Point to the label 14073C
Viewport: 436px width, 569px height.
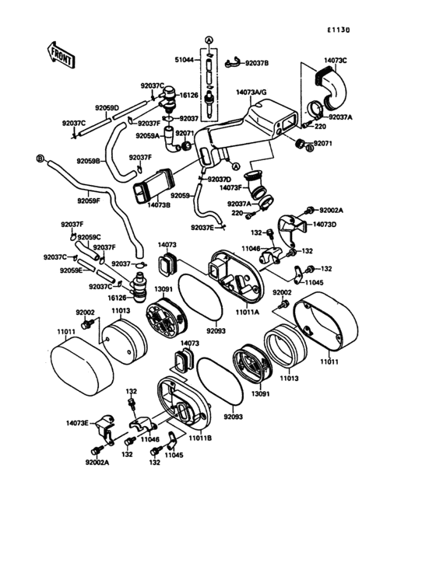[x=334, y=59]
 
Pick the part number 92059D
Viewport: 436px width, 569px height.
[x=107, y=108]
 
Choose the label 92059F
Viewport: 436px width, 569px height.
[x=89, y=201]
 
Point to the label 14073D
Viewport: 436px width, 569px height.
[x=325, y=224]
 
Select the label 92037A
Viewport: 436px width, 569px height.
[x=341, y=117]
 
